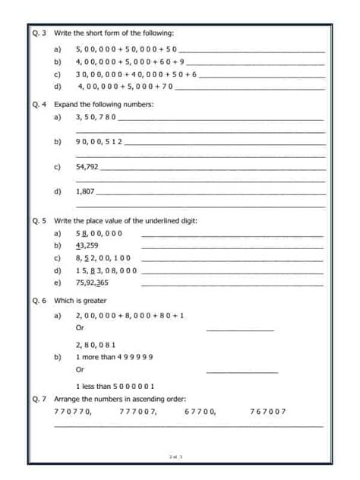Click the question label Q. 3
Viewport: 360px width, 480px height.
41,33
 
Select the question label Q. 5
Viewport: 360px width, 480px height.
41,220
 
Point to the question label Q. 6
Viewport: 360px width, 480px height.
41,301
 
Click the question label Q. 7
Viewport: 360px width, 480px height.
41,398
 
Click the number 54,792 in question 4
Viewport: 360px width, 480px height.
87,166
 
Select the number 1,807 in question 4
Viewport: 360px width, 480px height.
85,191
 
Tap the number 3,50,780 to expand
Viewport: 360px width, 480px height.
96,118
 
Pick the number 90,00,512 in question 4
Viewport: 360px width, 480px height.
99,141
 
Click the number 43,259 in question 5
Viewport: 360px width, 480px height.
87,245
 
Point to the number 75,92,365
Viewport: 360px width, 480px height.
92,282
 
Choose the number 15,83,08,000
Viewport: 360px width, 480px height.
106,270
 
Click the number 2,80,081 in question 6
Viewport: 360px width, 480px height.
96,343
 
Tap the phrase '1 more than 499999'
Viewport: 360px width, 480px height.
115,356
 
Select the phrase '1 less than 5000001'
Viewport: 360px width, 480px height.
115,386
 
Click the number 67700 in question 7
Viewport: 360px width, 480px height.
201,411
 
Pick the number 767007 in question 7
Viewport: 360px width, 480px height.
267,411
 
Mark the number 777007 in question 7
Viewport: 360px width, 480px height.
138,411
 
